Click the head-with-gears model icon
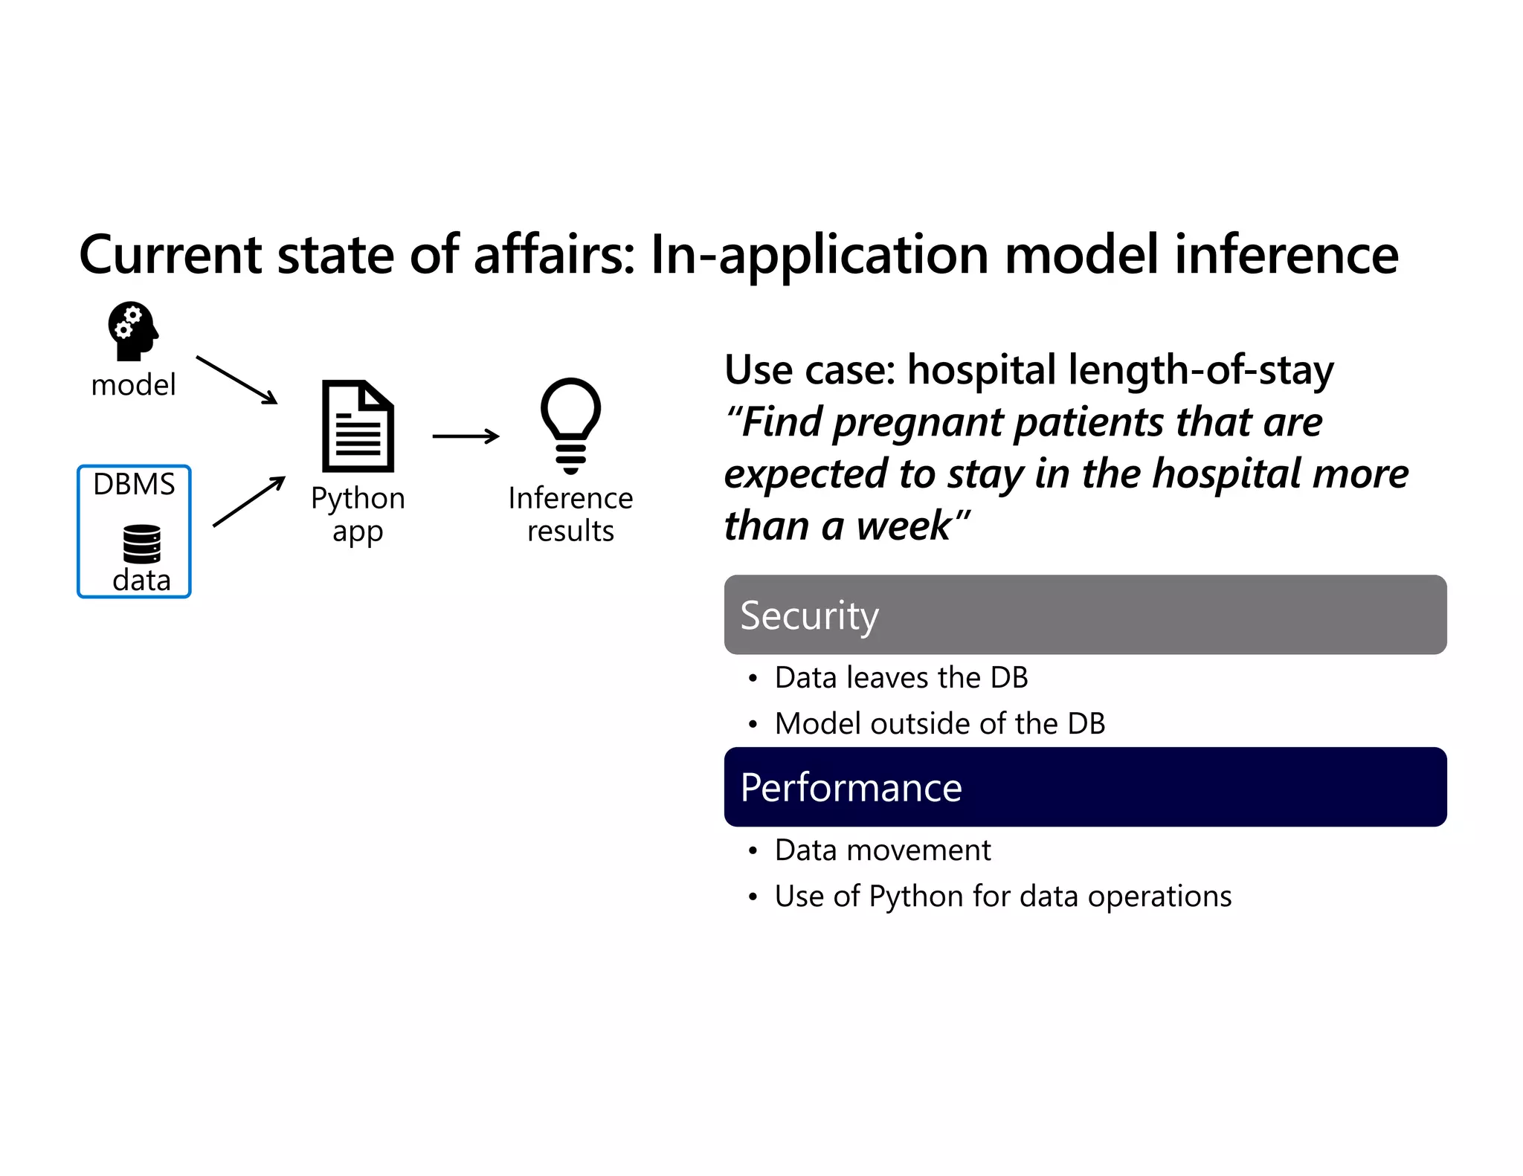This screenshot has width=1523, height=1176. [x=133, y=331]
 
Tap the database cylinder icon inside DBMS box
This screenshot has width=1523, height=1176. [x=141, y=543]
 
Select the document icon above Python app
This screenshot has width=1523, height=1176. [x=358, y=426]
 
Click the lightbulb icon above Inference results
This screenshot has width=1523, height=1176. [x=570, y=424]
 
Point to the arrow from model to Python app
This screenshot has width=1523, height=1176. [x=236, y=380]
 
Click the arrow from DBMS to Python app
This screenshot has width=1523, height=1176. [x=248, y=502]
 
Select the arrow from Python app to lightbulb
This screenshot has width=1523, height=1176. [x=466, y=436]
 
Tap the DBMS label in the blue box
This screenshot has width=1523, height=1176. [x=134, y=485]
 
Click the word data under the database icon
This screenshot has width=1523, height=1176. [x=141, y=581]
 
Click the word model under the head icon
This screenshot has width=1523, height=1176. [x=133, y=385]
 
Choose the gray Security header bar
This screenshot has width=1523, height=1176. [x=1085, y=615]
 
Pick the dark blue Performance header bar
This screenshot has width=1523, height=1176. [x=1085, y=787]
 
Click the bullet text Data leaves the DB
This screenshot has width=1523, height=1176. [x=901, y=678]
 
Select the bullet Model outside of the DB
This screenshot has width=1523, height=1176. [x=939, y=724]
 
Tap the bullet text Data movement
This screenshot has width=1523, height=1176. [x=882, y=850]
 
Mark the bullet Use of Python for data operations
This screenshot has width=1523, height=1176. [x=1002, y=896]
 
